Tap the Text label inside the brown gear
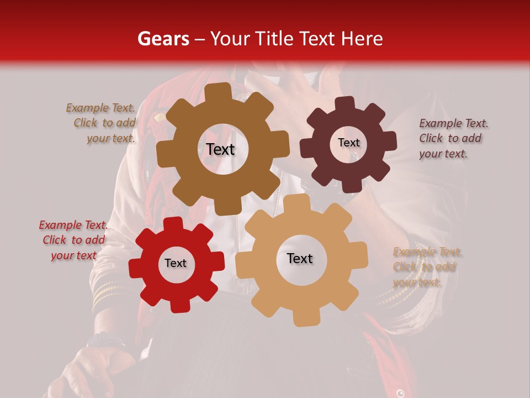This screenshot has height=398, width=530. [220, 149]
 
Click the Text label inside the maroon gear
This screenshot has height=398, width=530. [348, 143]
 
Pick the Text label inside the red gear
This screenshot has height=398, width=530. [176, 263]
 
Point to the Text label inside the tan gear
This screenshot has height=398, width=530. [300, 258]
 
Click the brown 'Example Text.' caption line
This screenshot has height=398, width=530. [100, 108]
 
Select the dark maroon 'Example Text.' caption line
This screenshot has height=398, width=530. [454, 123]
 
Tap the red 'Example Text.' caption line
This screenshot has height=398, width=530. [73, 225]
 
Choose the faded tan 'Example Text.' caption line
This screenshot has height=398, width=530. [428, 252]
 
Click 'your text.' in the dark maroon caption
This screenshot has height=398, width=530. [443, 154]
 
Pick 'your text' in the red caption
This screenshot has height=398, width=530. [73, 255]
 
